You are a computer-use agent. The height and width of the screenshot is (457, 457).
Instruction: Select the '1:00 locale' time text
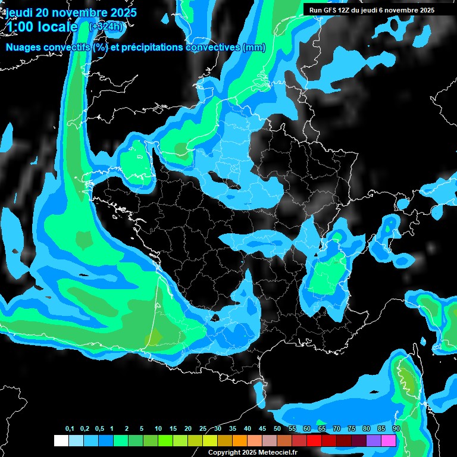pos(42,27)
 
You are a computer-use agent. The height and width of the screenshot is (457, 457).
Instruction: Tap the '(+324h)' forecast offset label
pos(107,27)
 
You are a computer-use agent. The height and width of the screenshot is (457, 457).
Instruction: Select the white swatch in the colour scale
pos(61,440)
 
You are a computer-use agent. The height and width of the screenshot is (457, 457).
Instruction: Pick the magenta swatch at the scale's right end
pos(389,440)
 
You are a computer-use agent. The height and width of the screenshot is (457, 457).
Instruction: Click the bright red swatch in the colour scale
pos(314,440)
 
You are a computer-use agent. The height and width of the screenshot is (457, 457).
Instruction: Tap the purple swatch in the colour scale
pos(374,440)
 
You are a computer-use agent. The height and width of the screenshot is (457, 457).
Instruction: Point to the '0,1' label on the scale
pos(70,429)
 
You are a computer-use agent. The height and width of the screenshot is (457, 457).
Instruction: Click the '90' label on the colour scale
pos(396,429)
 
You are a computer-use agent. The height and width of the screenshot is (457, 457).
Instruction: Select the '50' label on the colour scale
pos(277,429)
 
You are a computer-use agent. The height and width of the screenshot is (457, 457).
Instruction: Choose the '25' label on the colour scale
pos(203,429)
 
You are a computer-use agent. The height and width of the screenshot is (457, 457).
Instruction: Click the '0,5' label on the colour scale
pos(99,429)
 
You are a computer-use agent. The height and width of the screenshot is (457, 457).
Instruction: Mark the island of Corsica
pos(408,381)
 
